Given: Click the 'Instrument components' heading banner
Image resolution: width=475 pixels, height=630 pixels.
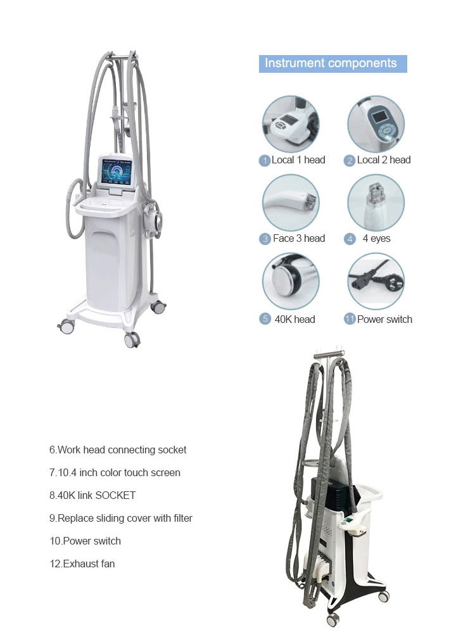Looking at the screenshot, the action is tap(332, 63).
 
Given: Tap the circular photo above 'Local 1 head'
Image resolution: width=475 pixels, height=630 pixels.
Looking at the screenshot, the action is tap(291, 124).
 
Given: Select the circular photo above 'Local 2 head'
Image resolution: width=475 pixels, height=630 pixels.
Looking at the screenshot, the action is tap(376, 124).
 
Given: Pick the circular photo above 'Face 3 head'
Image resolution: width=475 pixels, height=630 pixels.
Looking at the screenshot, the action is tap(291, 203).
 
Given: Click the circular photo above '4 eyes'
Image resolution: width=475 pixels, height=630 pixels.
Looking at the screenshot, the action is tap(376, 203).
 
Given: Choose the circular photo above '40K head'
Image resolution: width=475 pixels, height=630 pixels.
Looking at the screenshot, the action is tap(291, 281).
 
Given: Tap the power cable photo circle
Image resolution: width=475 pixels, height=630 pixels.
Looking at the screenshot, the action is tap(376, 281).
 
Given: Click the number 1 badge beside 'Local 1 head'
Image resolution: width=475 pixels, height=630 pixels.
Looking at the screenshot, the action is tap(265, 161).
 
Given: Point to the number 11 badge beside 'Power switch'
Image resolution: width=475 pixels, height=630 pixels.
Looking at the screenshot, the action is tap(350, 319).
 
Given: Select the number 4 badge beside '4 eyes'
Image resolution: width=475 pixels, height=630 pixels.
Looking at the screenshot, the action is tap(350, 239).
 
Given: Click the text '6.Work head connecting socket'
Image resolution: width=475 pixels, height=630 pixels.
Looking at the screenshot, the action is tap(118, 450).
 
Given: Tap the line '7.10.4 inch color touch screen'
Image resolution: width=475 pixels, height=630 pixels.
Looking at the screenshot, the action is tap(115, 472).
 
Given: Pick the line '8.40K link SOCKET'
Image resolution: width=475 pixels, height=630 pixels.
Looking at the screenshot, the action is tap(92, 495).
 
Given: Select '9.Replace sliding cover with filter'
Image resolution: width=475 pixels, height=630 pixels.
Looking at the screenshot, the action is tap(121, 519).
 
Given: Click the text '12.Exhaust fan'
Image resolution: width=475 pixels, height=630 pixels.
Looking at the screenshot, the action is tap(82, 564).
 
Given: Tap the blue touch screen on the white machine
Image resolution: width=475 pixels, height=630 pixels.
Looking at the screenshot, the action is tap(117, 171).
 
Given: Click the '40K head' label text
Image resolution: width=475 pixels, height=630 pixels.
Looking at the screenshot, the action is tap(294, 319).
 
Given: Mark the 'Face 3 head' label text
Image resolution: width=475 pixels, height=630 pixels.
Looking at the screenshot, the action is tap(299, 239).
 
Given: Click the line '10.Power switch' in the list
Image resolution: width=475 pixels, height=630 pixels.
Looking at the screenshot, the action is tap(85, 541).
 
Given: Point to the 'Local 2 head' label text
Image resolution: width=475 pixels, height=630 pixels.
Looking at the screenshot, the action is tap(384, 160).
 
